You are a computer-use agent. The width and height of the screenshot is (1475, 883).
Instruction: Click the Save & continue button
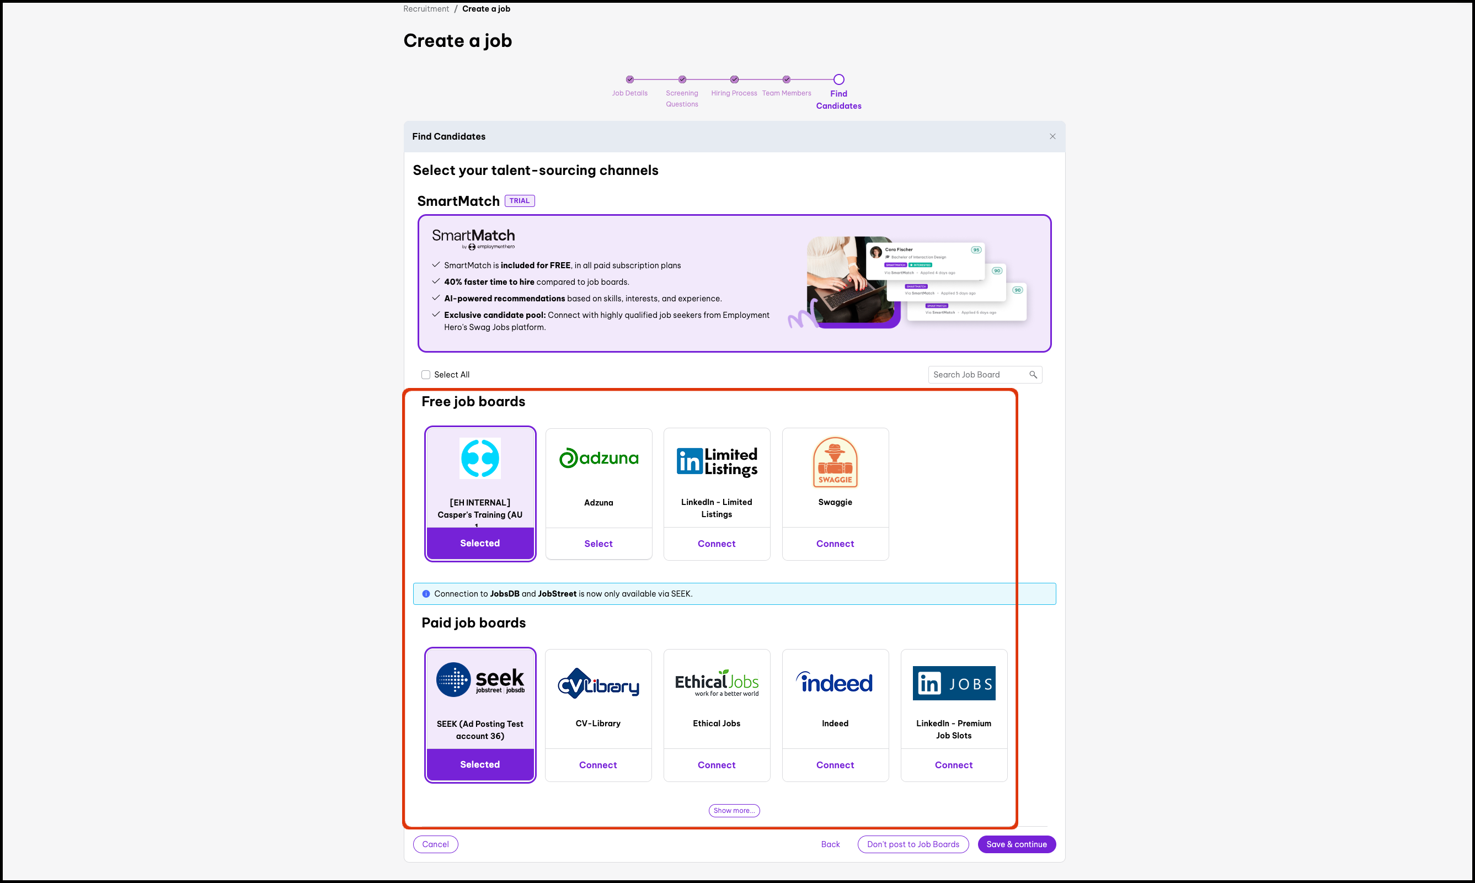pyautogui.click(x=1016, y=844)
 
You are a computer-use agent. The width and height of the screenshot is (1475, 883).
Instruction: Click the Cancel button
pyautogui.click(x=435, y=844)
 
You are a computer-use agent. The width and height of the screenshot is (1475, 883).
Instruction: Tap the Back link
pyautogui.click(x=830, y=844)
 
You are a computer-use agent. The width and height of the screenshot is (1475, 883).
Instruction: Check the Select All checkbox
pyautogui.click(x=426, y=374)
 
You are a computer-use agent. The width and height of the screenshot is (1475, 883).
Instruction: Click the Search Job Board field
pyautogui.click(x=979, y=374)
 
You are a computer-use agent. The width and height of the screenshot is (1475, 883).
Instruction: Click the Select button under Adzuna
pyautogui.click(x=598, y=543)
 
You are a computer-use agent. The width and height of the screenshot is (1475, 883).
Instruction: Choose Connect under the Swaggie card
pyautogui.click(x=835, y=543)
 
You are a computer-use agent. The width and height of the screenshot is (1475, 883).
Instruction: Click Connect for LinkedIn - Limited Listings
pyautogui.click(x=716, y=543)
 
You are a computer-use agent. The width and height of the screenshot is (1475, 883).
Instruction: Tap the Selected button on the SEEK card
pyautogui.click(x=480, y=764)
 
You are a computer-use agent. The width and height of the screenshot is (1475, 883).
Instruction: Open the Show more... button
pyautogui.click(x=734, y=810)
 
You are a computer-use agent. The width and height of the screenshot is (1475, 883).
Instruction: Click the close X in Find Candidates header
pyautogui.click(x=1052, y=136)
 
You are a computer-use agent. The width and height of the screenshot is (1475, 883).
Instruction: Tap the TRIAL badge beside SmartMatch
pyautogui.click(x=519, y=200)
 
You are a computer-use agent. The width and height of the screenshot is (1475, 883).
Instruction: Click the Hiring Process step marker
pyautogui.click(x=734, y=79)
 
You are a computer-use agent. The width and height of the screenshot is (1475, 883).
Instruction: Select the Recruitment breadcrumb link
pyautogui.click(x=426, y=9)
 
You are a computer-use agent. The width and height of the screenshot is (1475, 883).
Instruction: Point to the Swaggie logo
pyautogui.click(x=835, y=462)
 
